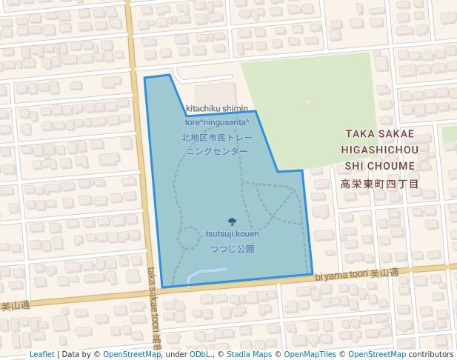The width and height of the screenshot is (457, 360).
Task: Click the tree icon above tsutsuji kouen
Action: (233, 221)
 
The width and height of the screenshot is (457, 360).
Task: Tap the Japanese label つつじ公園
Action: (233, 249)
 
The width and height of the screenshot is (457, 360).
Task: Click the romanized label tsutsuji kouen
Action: (233, 234)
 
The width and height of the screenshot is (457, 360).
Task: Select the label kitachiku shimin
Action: (217, 108)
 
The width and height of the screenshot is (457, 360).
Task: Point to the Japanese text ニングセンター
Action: (217, 151)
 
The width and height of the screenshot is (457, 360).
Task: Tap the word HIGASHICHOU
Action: (380, 150)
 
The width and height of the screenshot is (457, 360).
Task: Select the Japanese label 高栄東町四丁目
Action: (380, 184)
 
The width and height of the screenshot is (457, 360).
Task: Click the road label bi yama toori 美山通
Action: (356, 274)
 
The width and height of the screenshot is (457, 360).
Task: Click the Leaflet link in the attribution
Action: (41, 354)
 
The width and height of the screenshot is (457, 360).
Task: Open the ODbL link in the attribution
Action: (200, 354)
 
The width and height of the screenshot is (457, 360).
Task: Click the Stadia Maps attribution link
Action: (248, 354)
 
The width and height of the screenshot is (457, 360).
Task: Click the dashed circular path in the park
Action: (188, 238)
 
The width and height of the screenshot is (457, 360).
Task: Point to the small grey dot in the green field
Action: (309, 102)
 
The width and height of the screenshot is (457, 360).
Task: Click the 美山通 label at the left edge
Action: (15, 305)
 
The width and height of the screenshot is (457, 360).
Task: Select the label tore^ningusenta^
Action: (217, 122)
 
